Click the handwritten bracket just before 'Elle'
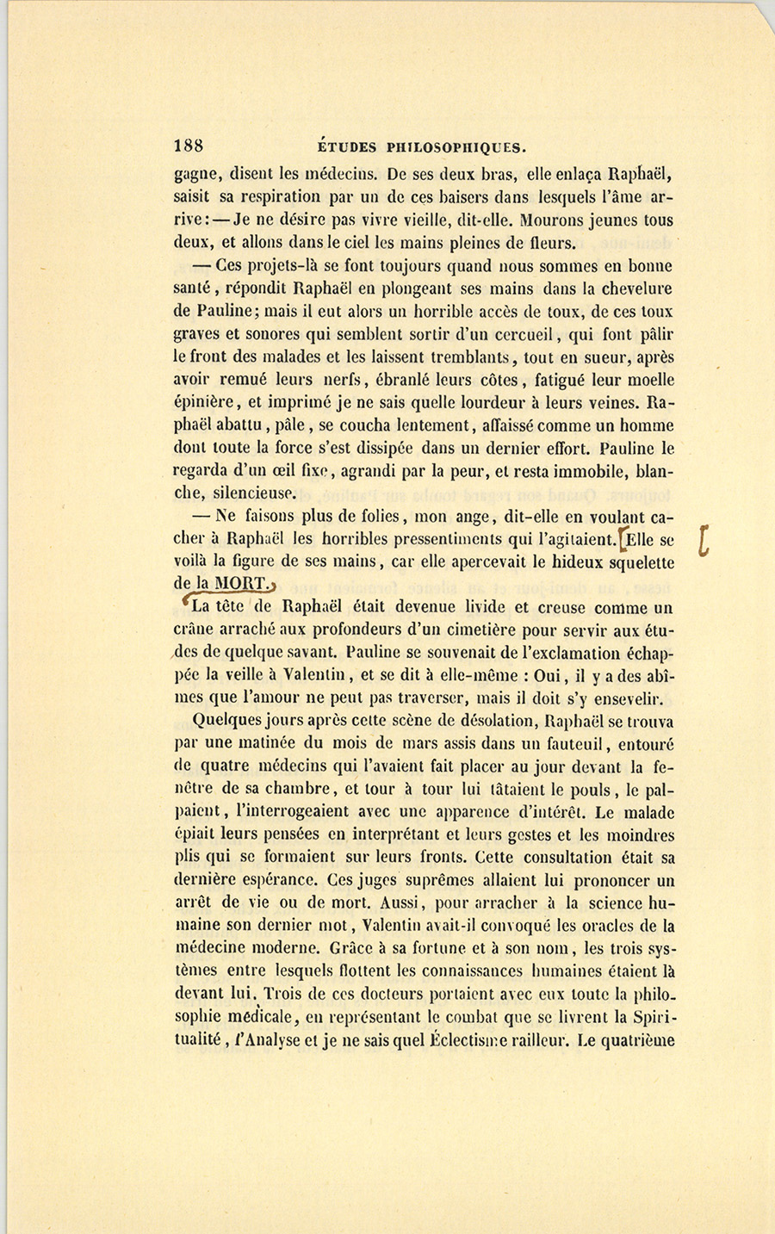click(623, 541)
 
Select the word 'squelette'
click(637, 563)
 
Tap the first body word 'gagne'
click(196, 176)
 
